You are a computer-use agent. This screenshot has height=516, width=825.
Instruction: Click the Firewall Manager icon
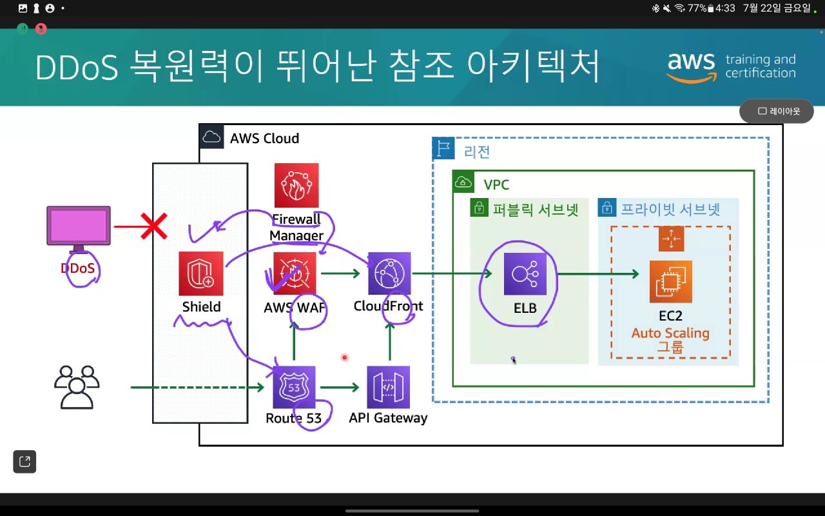click(296, 185)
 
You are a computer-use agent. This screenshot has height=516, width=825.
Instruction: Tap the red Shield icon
click(201, 273)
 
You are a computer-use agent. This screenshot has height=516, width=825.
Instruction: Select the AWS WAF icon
click(295, 273)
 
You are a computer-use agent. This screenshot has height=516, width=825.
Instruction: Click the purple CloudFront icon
click(389, 273)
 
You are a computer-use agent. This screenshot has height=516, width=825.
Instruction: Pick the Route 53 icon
click(294, 387)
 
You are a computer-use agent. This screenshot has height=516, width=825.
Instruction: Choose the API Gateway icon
click(388, 387)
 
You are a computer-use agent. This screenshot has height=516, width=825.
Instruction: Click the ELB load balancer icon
click(525, 273)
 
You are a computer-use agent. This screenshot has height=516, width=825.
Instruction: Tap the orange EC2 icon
click(670, 282)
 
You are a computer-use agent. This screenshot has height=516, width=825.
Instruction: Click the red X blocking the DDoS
click(153, 226)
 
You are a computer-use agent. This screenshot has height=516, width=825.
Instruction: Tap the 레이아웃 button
click(777, 111)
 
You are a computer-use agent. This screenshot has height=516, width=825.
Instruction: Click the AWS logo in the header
click(691, 66)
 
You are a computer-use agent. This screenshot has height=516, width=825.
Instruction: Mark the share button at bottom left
click(24, 461)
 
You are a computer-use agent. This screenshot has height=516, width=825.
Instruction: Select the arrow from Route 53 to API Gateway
click(339, 387)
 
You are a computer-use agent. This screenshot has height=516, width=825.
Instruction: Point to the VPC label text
click(496, 185)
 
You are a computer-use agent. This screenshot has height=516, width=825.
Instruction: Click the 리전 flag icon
click(443, 149)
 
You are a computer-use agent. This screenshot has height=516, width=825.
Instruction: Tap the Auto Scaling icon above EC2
click(671, 239)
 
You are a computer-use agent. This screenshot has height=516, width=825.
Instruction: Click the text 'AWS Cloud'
click(264, 138)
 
